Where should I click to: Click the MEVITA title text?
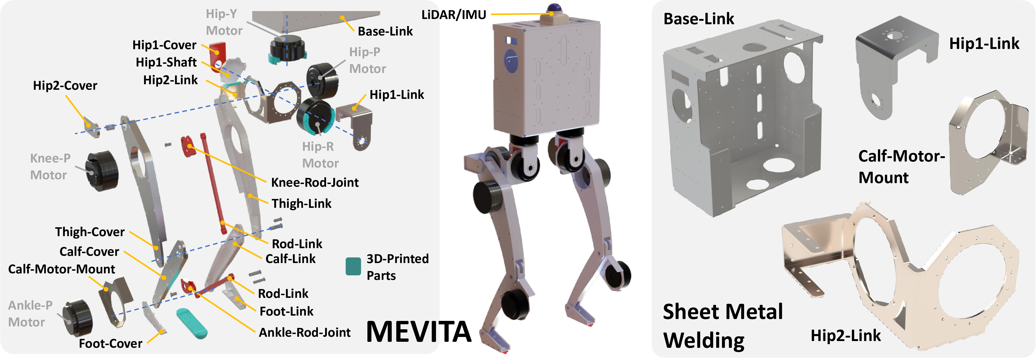click(418, 332)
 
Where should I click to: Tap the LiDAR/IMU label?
click(454, 15)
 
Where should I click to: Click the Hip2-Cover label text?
click(65, 86)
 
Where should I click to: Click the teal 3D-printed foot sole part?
click(192, 323)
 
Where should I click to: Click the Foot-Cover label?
click(111, 343)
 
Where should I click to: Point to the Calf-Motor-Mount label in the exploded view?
click(61, 269)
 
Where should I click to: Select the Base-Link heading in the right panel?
click(699, 19)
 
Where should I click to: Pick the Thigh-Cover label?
click(90, 232)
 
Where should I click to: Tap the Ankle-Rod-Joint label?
click(304, 333)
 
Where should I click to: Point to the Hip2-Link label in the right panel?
click(845, 336)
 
